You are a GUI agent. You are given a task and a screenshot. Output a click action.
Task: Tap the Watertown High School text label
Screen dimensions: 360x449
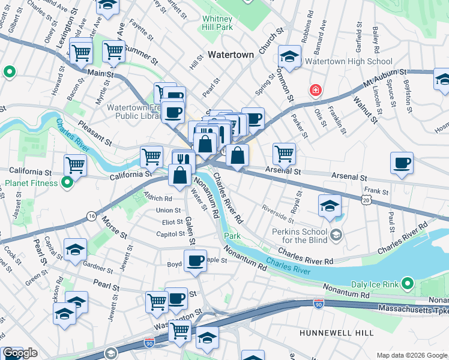tap(349, 61)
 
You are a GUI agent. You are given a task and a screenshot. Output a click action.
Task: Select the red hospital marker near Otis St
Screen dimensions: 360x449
tap(315, 91)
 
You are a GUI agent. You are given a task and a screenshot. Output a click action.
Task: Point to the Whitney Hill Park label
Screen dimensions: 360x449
tap(217, 23)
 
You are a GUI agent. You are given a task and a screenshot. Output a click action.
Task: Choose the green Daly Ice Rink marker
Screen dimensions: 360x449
tap(408, 282)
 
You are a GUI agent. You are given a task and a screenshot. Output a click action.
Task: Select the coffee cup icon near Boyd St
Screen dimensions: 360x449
tap(195, 261)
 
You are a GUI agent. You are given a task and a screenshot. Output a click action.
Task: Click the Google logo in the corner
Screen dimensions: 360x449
tap(20, 353)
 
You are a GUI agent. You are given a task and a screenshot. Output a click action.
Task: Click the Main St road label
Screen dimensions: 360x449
tap(100, 74)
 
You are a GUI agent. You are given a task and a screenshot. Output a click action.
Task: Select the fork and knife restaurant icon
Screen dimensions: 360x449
tap(184, 160)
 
